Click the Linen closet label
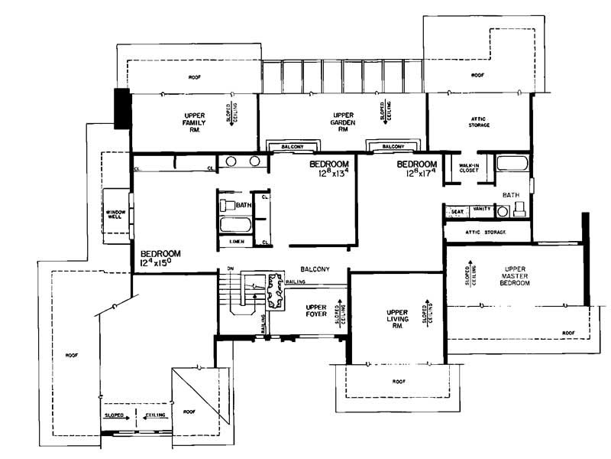tap(237, 243)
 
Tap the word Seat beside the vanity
tap(457, 211)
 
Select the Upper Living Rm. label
tap(394, 318)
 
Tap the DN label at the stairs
tap(227, 269)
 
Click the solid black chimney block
tap(121, 109)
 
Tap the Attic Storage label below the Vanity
tap(487, 231)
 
